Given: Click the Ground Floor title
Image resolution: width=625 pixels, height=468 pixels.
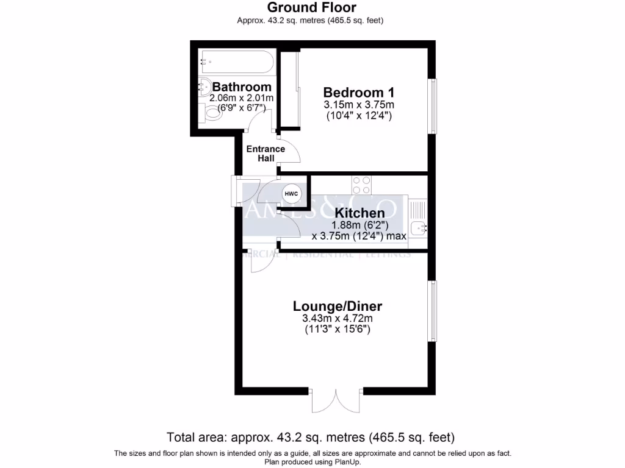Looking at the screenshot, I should coord(312,7).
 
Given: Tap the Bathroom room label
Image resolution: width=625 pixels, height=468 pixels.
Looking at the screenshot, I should coord(242,87).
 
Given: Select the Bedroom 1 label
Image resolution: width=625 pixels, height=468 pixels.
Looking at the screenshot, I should coord(358,93).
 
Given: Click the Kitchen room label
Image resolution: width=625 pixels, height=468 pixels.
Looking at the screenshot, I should coord(359,213).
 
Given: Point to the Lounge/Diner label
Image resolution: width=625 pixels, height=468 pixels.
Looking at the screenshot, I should coord(338,306).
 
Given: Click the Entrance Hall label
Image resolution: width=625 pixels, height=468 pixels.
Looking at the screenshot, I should coord(266,154).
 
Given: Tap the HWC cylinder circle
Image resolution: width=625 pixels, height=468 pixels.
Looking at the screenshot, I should coord(291,194).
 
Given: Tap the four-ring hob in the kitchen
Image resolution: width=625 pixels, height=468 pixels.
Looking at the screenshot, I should coord(361,183).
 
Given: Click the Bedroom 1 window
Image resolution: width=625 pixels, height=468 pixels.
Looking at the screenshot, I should coord(432,106).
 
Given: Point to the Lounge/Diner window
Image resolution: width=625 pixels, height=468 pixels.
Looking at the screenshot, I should coord(432,311).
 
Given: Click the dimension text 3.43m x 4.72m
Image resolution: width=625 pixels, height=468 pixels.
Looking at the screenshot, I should coord(338,319).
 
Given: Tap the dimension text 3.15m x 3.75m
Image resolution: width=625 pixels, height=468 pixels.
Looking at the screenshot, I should coord(358,104).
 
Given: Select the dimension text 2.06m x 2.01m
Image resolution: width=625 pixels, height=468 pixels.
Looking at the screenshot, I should coord(241,98).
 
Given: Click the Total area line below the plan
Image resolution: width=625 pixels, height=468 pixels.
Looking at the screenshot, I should coord(312,438).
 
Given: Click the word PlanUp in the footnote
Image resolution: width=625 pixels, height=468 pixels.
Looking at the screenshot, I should coord(347,462).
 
